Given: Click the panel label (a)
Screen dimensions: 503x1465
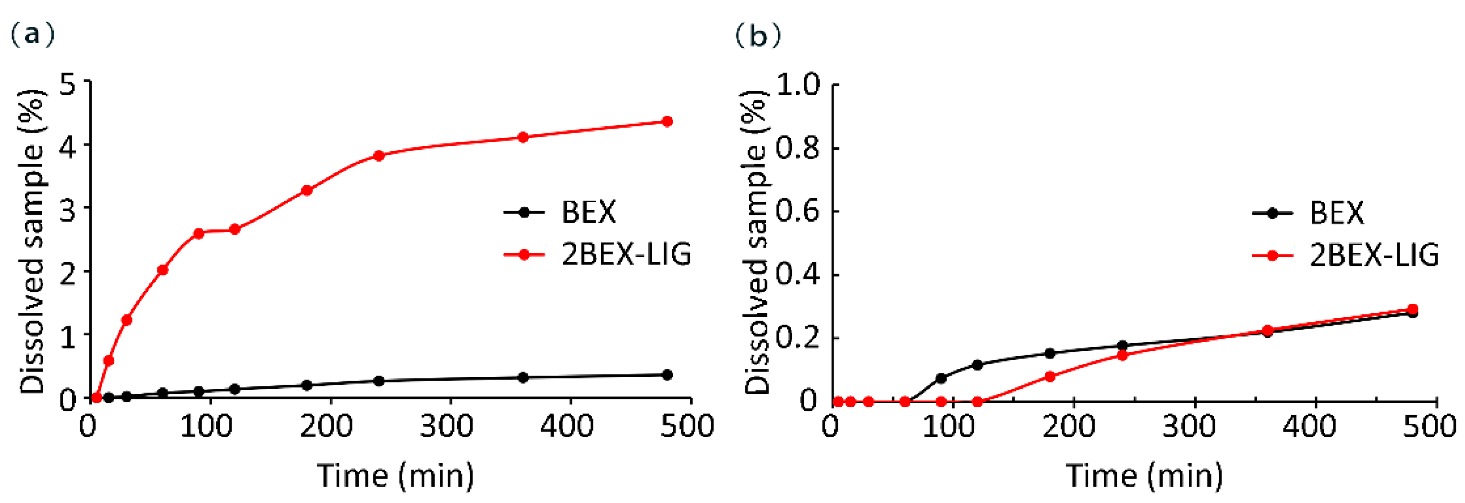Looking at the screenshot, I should pos(33,35).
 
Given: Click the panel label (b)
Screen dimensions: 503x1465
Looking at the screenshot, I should pos(758,36).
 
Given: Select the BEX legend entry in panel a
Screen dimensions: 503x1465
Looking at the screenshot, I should pos(588,212).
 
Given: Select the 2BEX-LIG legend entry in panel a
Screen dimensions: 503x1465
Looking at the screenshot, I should pos(626,254).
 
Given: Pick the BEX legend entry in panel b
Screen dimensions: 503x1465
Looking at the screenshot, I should pos(1336,213).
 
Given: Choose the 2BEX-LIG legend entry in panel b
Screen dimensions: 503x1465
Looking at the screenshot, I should pos(1374,255).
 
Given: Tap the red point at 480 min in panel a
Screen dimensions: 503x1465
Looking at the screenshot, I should pos(667,121).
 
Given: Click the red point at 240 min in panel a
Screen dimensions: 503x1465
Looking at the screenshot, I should pos(379,156).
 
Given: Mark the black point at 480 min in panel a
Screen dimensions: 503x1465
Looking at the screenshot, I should pos(667,375).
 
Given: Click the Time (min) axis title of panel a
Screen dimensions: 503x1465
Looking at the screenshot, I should pos(395,476).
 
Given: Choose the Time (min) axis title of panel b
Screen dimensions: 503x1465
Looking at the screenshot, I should pos(1144,476).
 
